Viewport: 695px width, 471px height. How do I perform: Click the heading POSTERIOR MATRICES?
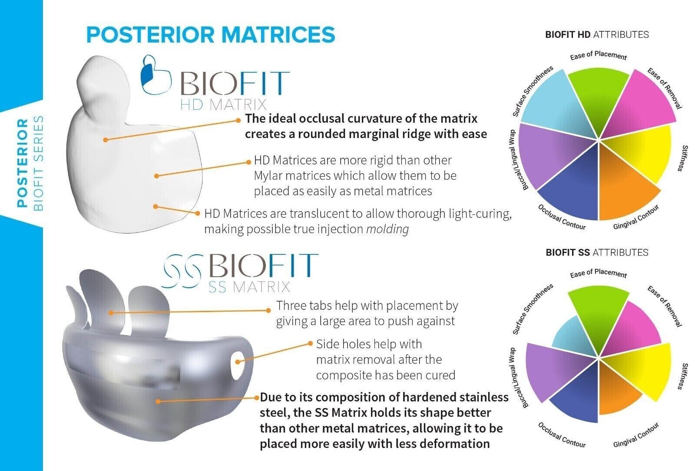pos(211,34)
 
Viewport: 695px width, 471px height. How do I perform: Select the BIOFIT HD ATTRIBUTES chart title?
pos(597,35)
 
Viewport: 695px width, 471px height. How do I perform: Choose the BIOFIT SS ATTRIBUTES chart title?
pos(597,252)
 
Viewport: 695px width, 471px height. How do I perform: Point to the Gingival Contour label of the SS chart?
pos(636,435)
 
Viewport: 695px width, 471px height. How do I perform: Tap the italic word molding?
pos(387,229)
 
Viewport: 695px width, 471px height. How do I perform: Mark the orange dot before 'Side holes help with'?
pos(310,343)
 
